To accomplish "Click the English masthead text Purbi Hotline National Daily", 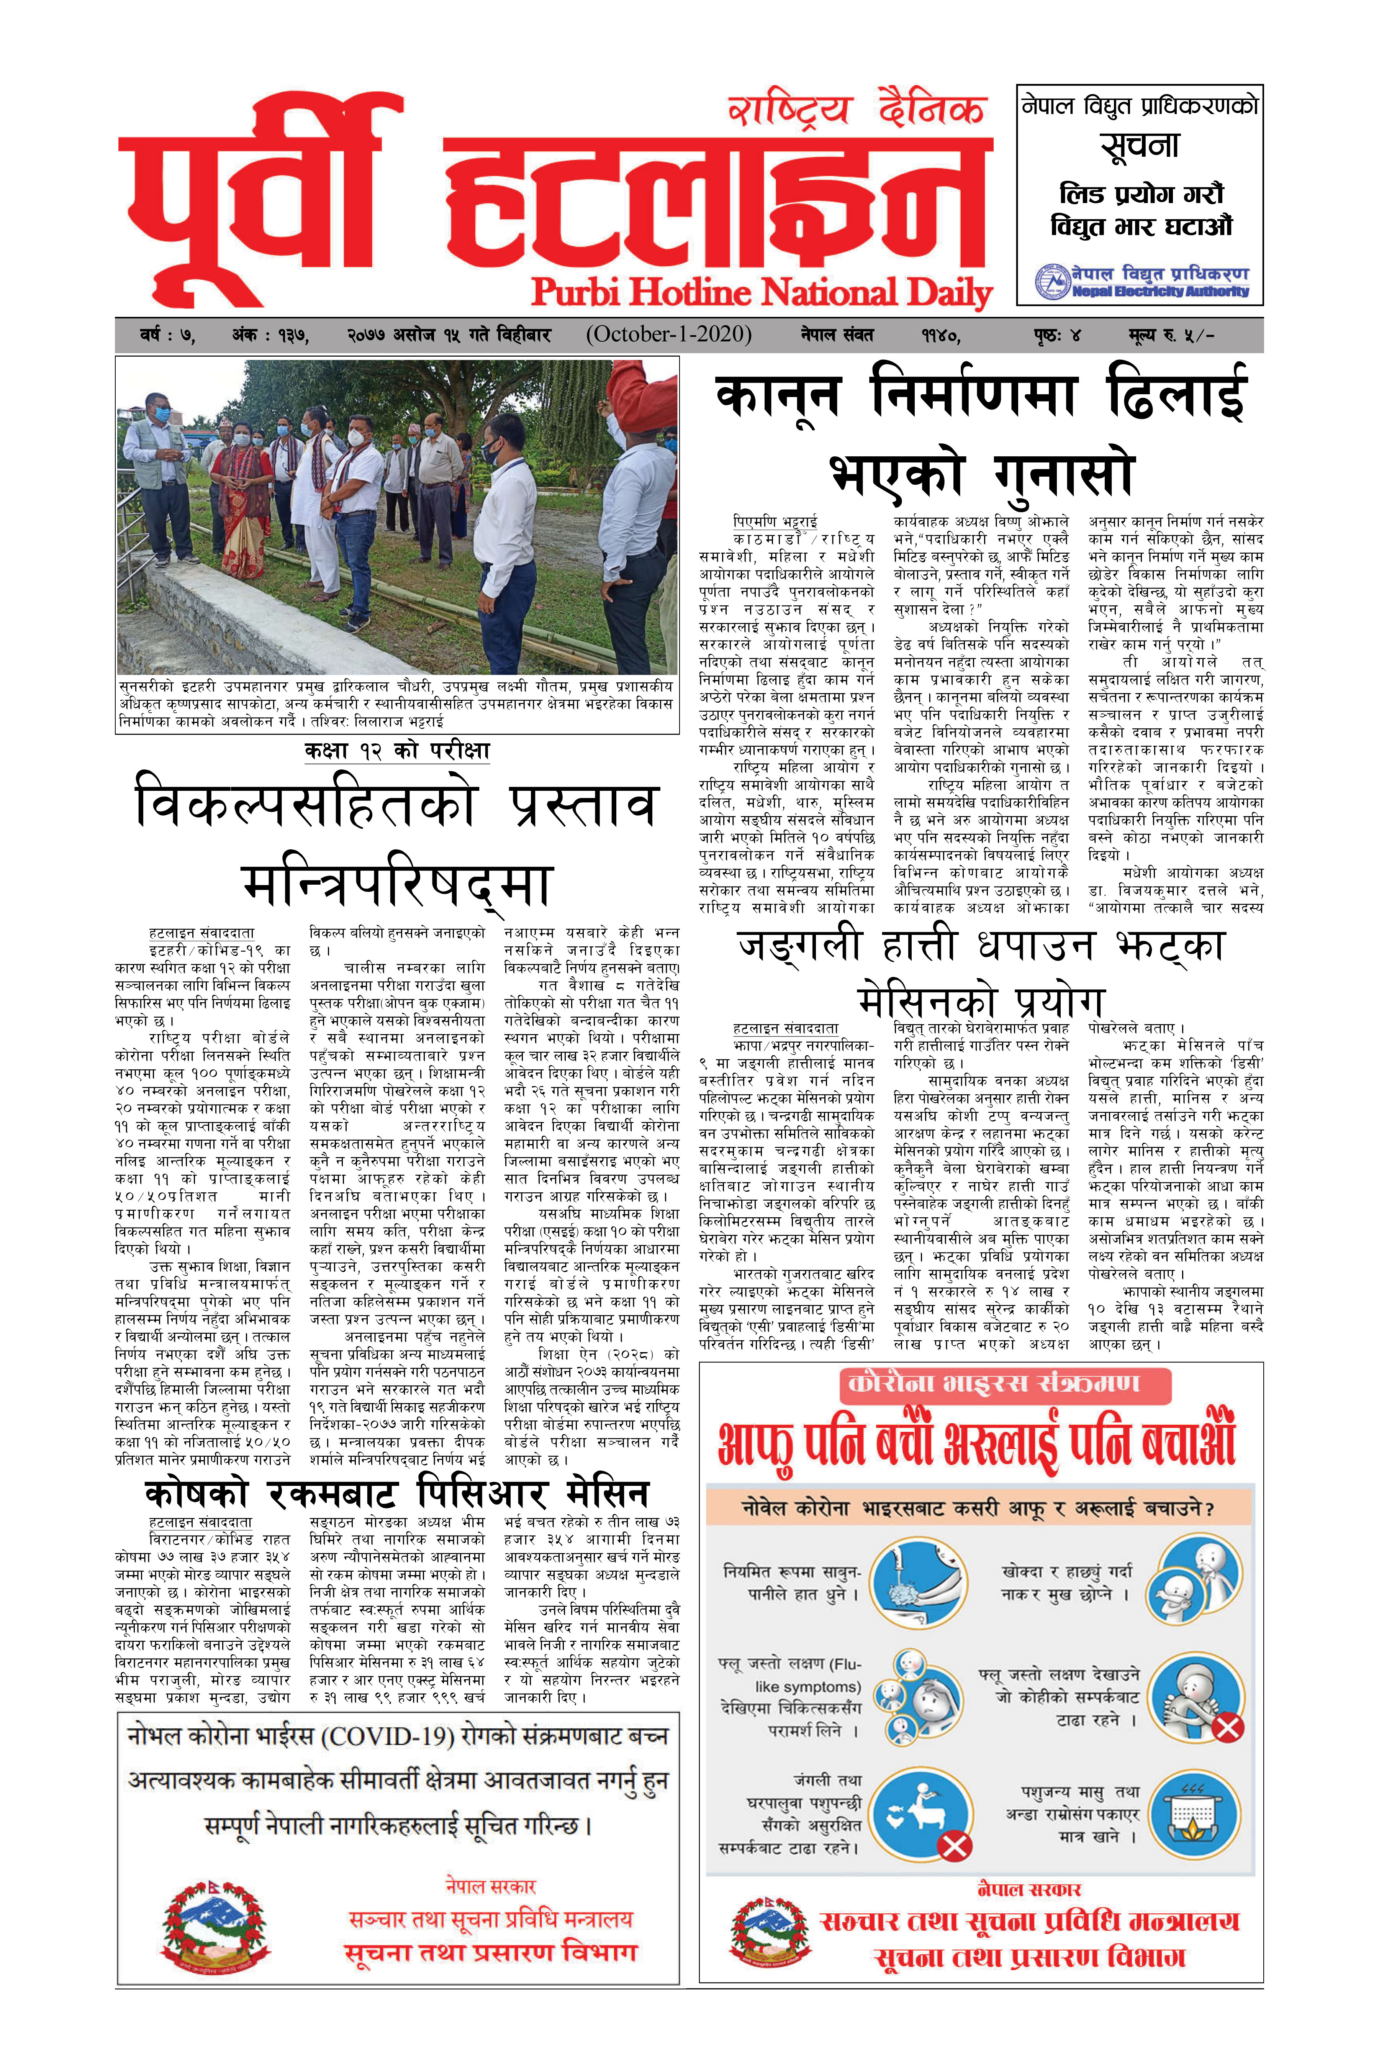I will (x=762, y=293).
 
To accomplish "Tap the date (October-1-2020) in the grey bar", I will (x=668, y=335).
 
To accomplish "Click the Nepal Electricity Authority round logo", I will (x=1053, y=282).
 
